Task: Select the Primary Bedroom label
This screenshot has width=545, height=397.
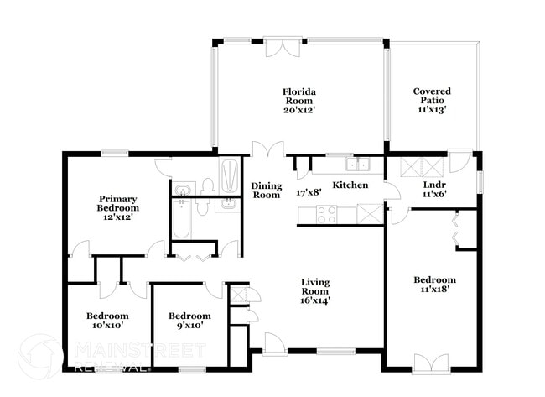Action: pyautogui.click(x=117, y=203)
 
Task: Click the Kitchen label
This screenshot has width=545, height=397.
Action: pyautogui.click(x=350, y=185)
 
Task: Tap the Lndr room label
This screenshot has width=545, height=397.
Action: pyautogui.click(x=433, y=185)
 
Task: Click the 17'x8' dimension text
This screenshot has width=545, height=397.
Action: pyautogui.click(x=310, y=192)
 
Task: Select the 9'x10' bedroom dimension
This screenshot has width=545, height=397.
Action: pyautogui.click(x=189, y=326)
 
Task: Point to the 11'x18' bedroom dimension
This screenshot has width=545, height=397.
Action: pyautogui.click(x=434, y=290)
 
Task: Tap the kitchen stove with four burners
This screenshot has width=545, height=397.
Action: pyautogui.click(x=326, y=214)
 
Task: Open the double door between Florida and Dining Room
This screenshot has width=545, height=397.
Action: pyautogui.click(x=268, y=149)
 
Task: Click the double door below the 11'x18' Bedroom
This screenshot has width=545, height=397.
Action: pyautogui.click(x=428, y=363)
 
